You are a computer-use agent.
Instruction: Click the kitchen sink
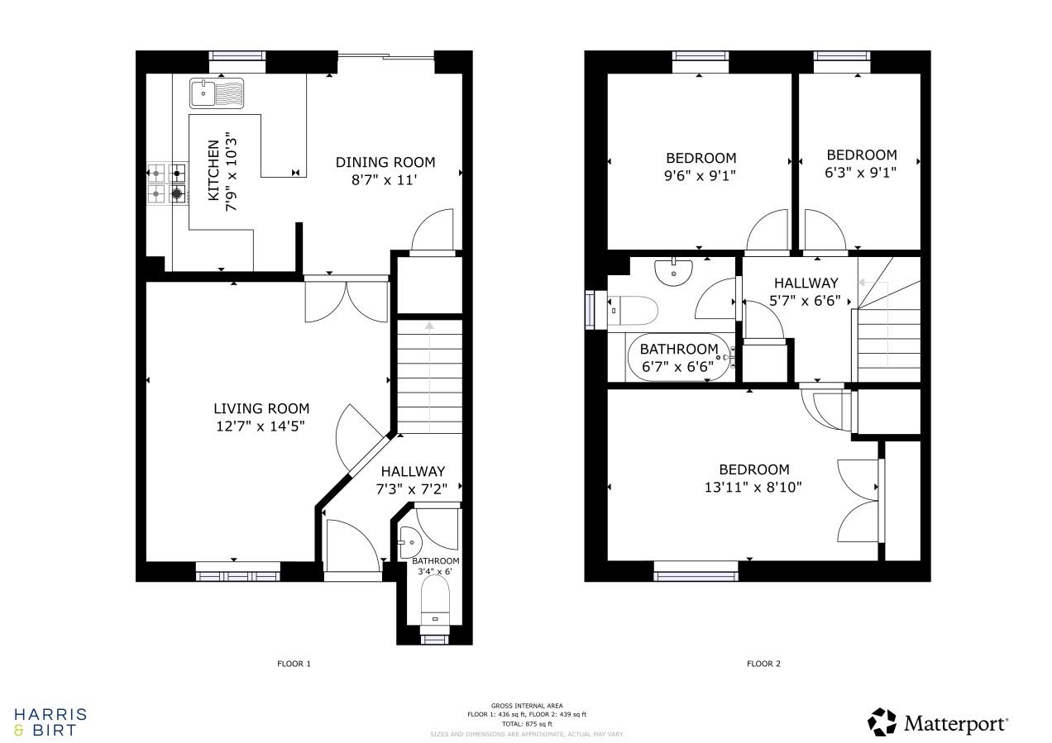216,93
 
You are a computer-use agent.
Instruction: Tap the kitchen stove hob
166,183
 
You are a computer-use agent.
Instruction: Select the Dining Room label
385,162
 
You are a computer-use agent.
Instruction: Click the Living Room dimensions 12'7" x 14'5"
261,426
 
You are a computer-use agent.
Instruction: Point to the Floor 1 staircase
429,375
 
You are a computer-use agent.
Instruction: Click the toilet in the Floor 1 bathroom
434,599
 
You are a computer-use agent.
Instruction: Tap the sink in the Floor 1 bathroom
410,542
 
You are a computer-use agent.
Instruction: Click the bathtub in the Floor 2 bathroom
679,358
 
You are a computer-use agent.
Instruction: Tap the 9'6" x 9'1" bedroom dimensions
701,175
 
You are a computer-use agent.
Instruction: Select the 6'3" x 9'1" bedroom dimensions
861,172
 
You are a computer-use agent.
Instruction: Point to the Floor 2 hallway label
806,283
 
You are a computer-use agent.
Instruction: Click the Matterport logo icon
882,722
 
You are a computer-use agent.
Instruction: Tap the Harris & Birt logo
50,722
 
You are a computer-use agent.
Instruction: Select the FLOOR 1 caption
294,664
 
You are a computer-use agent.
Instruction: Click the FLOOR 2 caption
763,664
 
